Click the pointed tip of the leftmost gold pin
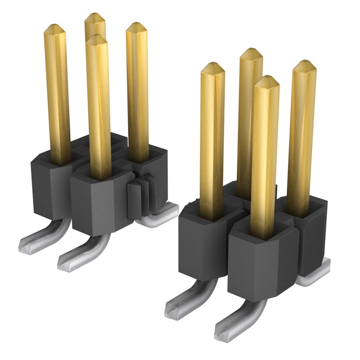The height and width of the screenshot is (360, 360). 55,28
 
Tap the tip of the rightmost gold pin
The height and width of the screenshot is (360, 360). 304,64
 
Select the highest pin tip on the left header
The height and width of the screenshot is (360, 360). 95,17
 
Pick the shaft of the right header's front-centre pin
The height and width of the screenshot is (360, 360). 265,157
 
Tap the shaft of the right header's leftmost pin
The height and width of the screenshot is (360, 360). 212,141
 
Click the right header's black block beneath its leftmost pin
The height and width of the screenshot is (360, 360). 202,242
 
